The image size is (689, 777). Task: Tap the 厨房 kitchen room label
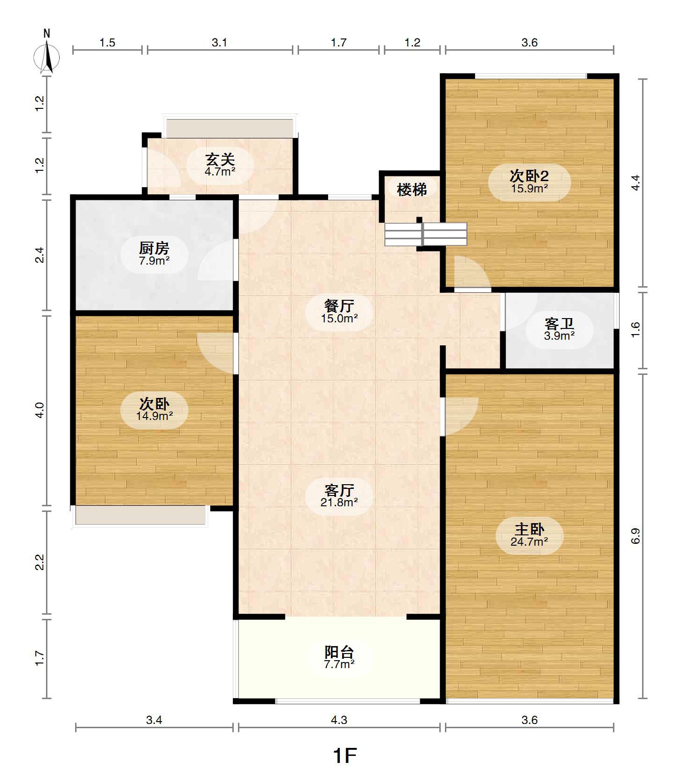click(154, 248)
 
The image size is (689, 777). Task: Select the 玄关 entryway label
click(220, 160)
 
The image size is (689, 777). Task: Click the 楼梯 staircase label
click(412, 190)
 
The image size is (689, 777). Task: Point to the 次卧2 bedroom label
click(529, 176)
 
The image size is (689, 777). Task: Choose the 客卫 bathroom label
click(559, 324)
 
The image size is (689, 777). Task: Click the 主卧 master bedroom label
click(529, 529)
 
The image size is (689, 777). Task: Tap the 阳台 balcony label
click(339, 652)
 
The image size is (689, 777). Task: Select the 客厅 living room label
click(339, 490)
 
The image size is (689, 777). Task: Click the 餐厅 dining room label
click(339, 306)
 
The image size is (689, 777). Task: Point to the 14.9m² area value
click(154, 416)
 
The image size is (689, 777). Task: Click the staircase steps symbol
click(426, 234)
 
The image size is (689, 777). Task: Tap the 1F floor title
click(345, 756)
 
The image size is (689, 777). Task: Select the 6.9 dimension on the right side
click(635, 536)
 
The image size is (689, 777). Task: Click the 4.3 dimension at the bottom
click(339, 720)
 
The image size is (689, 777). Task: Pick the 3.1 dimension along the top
click(219, 43)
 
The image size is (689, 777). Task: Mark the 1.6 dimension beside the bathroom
click(635, 329)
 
